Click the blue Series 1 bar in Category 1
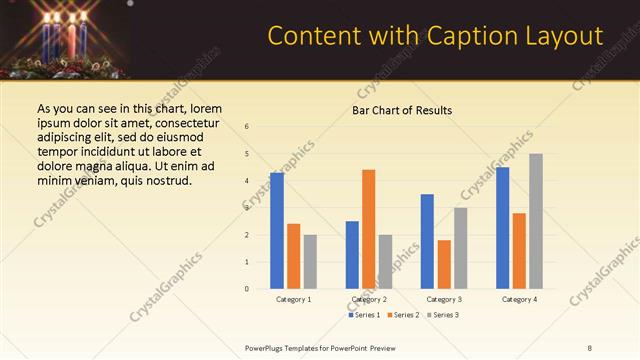[x=277, y=230]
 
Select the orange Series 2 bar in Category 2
[x=369, y=228]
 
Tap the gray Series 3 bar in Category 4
[x=536, y=220]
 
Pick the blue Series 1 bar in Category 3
[x=427, y=241]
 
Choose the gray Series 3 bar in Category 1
[x=310, y=261]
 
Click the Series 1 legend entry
[x=364, y=315]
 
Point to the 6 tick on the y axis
[x=247, y=126]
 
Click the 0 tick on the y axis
[x=247, y=289]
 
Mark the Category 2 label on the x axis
[x=369, y=299]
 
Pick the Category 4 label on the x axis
[x=519, y=299]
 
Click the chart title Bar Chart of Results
[x=402, y=110]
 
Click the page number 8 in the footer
[x=590, y=348]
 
